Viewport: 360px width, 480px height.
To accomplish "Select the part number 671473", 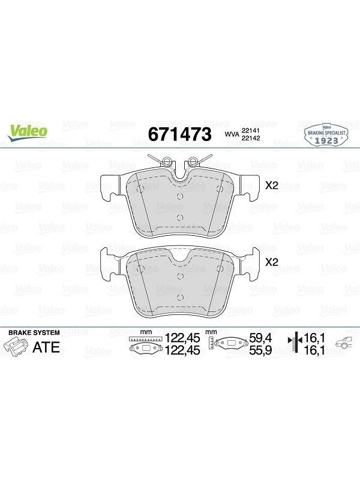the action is (179, 134).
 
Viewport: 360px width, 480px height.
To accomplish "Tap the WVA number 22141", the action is (251, 130).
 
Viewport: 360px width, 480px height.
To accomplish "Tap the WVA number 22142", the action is (251, 138).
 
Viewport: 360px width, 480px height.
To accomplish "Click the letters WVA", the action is (232, 134).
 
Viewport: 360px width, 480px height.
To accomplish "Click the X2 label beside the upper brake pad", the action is (272, 185).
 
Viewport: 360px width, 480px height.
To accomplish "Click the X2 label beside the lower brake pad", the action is (272, 262).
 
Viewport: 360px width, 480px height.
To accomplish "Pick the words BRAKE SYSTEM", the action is (34, 332).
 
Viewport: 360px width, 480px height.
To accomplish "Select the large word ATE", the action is (46, 347).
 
